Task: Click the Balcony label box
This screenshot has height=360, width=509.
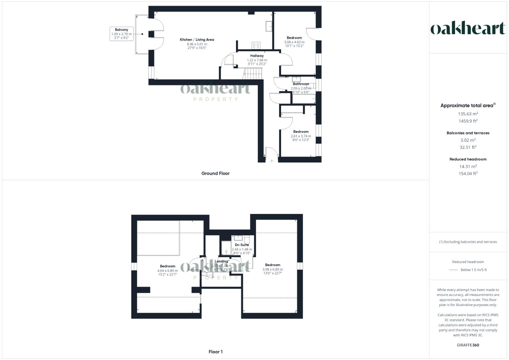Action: click(122, 34)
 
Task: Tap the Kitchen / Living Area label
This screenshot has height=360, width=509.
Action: click(197, 40)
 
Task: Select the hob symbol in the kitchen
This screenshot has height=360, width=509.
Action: click(256, 45)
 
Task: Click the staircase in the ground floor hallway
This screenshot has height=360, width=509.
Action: click(253, 73)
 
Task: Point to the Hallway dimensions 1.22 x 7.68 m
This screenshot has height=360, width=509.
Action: click(257, 60)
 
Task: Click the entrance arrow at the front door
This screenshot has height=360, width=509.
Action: click(272, 161)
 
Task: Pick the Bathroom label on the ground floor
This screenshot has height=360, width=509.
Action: click(301, 84)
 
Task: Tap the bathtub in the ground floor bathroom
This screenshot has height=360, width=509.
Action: click(304, 99)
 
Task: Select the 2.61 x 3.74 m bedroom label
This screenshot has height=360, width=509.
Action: click(301, 136)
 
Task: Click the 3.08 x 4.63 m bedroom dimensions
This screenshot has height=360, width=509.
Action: click(294, 42)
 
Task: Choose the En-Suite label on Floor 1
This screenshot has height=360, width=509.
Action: click(242, 245)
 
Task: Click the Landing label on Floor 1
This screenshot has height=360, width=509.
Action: click(221, 261)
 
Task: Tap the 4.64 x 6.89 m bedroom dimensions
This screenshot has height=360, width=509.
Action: click(167, 271)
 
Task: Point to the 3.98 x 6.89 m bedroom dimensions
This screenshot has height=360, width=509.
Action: click(273, 269)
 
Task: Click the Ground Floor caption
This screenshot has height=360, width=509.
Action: click(215, 173)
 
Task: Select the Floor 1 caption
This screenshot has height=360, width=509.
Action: click(215, 352)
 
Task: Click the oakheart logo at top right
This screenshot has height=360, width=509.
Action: click(468, 29)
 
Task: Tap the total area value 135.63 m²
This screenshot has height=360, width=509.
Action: click(468, 114)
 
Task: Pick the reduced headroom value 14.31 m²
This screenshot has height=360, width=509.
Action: click(468, 166)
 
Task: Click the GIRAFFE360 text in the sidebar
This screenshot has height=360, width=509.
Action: click(468, 345)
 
